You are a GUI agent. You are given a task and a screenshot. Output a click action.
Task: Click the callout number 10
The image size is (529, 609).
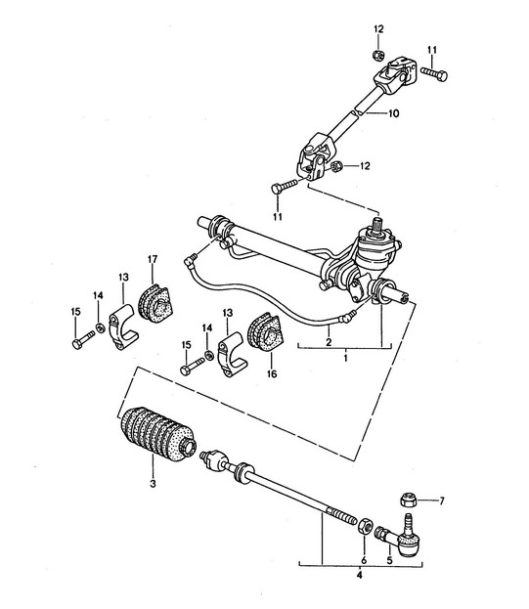click(393, 113)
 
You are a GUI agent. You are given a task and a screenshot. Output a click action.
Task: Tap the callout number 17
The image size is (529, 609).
click(153, 259)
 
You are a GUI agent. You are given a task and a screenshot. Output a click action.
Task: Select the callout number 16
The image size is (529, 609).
click(272, 373)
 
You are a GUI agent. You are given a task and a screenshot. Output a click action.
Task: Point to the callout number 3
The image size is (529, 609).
click(153, 484)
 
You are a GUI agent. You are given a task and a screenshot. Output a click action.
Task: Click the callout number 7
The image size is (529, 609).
click(442, 501)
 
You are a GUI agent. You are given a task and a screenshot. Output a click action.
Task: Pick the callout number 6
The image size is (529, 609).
click(364, 560)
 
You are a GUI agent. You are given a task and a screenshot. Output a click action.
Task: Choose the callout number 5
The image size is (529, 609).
click(389, 560)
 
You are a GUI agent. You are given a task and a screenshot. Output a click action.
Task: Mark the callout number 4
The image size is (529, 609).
click(359, 575)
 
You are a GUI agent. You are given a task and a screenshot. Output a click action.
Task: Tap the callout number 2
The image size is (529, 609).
click(329, 342)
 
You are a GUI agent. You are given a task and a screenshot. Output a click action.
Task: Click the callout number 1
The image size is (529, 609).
click(346, 358)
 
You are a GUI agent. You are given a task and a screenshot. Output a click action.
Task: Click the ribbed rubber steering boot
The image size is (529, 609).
click(157, 434)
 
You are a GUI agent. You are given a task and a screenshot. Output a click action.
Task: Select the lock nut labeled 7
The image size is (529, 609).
click(408, 500)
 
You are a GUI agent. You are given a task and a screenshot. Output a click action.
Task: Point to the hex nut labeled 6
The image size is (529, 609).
click(364, 526)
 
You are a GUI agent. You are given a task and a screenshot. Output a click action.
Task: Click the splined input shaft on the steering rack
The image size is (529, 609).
click(377, 225)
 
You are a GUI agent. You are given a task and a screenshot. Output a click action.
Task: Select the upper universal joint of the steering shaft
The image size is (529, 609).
click(395, 73)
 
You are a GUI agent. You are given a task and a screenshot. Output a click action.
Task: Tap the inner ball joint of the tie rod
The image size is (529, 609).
click(214, 459)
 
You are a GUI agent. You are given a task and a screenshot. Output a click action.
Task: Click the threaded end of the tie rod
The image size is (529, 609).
click(342, 516)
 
